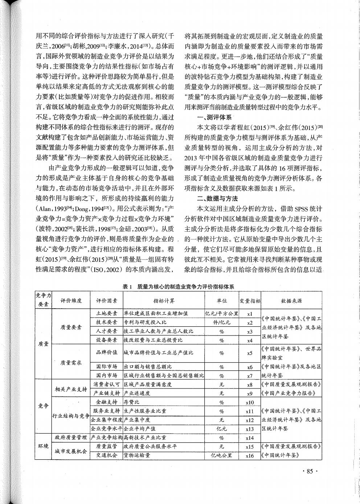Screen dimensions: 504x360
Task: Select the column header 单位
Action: click(221, 301)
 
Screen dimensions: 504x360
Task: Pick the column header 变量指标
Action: click(250, 301)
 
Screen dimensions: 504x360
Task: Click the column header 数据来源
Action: click(291, 301)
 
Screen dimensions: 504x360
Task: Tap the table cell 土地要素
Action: click(106, 313)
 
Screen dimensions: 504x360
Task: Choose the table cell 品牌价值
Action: click(106, 353)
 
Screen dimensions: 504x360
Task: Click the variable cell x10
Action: click(250, 402)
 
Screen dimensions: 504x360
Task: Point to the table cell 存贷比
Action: click(132, 402)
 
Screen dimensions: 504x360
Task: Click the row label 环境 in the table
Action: click(44, 446)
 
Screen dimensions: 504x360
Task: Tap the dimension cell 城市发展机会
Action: click(71, 451)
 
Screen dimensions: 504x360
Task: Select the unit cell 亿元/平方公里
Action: click(221, 313)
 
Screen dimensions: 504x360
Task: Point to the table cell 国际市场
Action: click(106, 367)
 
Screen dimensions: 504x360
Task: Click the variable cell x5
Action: click(250, 353)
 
